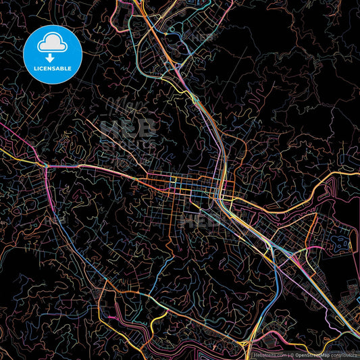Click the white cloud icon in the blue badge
pos(52,44)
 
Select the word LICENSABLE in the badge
pos(52,68)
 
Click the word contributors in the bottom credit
pos(344,354)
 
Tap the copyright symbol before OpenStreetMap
pos(292,354)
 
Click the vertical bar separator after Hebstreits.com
pos(288,354)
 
